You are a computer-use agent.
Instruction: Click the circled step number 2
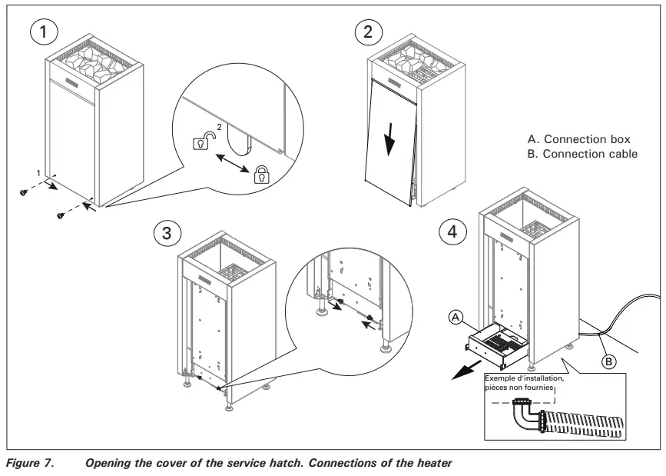[368, 32]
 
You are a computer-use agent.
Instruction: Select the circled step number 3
[167, 233]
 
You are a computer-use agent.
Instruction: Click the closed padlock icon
[262, 174]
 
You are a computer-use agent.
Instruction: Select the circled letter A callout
[456, 316]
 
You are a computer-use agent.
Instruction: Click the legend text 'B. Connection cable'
[582, 154]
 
